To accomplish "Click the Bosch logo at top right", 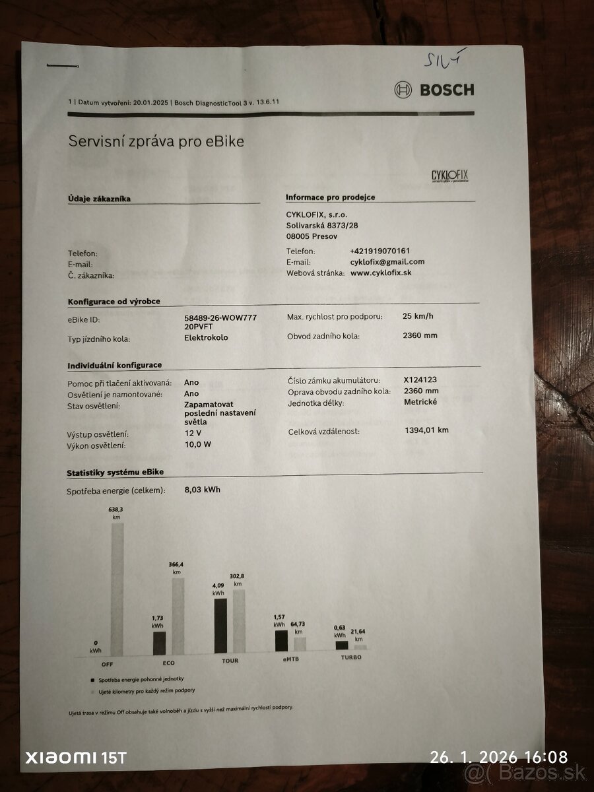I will click(434, 90).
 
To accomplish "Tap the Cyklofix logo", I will click(449, 176).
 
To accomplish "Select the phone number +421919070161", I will click(379, 251).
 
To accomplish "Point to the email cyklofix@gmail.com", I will click(387, 262).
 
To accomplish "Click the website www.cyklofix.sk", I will click(381, 273).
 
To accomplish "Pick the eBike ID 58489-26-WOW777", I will click(220, 318).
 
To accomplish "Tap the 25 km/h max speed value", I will click(418, 316).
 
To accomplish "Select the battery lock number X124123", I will click(420, 380).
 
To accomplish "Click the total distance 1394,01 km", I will click(426, 431).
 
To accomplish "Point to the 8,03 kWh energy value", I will click(203, 490).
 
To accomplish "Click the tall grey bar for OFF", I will click(117, 587).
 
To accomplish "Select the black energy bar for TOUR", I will click(220, 626).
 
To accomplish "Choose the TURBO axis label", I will click(351, 658).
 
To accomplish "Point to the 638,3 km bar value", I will click(116, 513).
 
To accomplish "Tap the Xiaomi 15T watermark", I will click(75, 758).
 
